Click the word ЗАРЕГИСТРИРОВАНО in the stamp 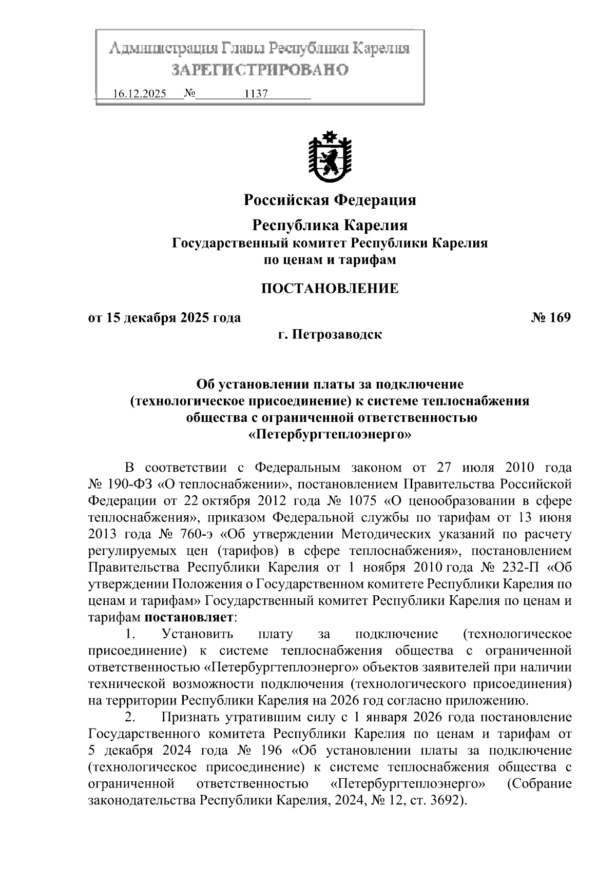pos(259,69)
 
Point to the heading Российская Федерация pos(330,199)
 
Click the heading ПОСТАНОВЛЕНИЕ pos(330,288)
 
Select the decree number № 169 pos(550,318)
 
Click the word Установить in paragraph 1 pos(198,634)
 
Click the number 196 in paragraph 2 pos(269,751)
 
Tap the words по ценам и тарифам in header pos(330,260)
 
